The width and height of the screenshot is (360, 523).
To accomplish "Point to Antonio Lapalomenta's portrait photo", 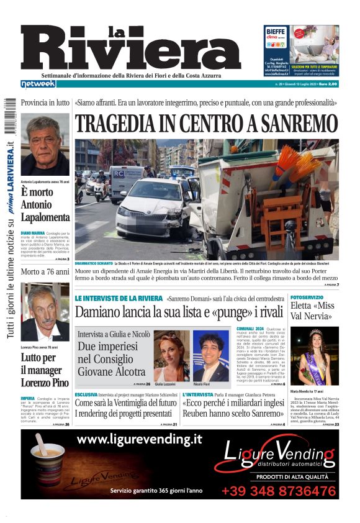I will click(x=45, y=145).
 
